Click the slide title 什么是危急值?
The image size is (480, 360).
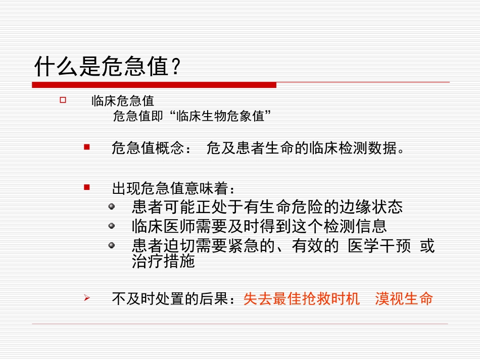coord(107,66)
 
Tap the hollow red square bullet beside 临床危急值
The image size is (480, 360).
coord(63,100)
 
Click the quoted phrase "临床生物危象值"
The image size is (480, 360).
coord(218,117)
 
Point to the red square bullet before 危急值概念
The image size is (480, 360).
coord(86,147)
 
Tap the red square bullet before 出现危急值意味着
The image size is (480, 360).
coord(86,187)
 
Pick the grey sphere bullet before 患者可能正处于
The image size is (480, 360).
coord(112,207)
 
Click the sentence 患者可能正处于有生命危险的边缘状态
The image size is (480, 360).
coord(267,207)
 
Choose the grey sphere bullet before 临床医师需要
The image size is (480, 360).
coord(112,226)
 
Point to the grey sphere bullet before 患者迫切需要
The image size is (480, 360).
coord(112,245)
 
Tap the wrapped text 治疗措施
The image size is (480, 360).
coord(163,262)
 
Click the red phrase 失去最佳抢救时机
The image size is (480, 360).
coord(302,299)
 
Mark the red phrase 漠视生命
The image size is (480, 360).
coord(404,299)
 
